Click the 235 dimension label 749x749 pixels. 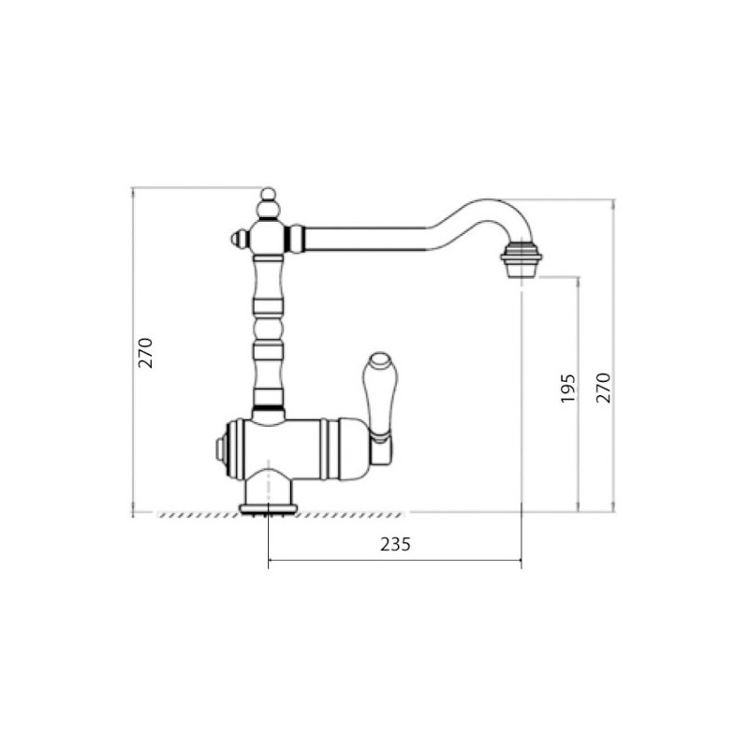(x=395, y=544)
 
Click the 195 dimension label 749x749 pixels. (x=567, y=388)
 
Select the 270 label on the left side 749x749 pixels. (x=145, y=353)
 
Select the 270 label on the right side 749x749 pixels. (x=604, y=388)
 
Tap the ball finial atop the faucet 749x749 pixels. (x=269, y=194)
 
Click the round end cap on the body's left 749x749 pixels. (x=221, y=449)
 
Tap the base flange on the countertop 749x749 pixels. (x=269, y=509)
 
